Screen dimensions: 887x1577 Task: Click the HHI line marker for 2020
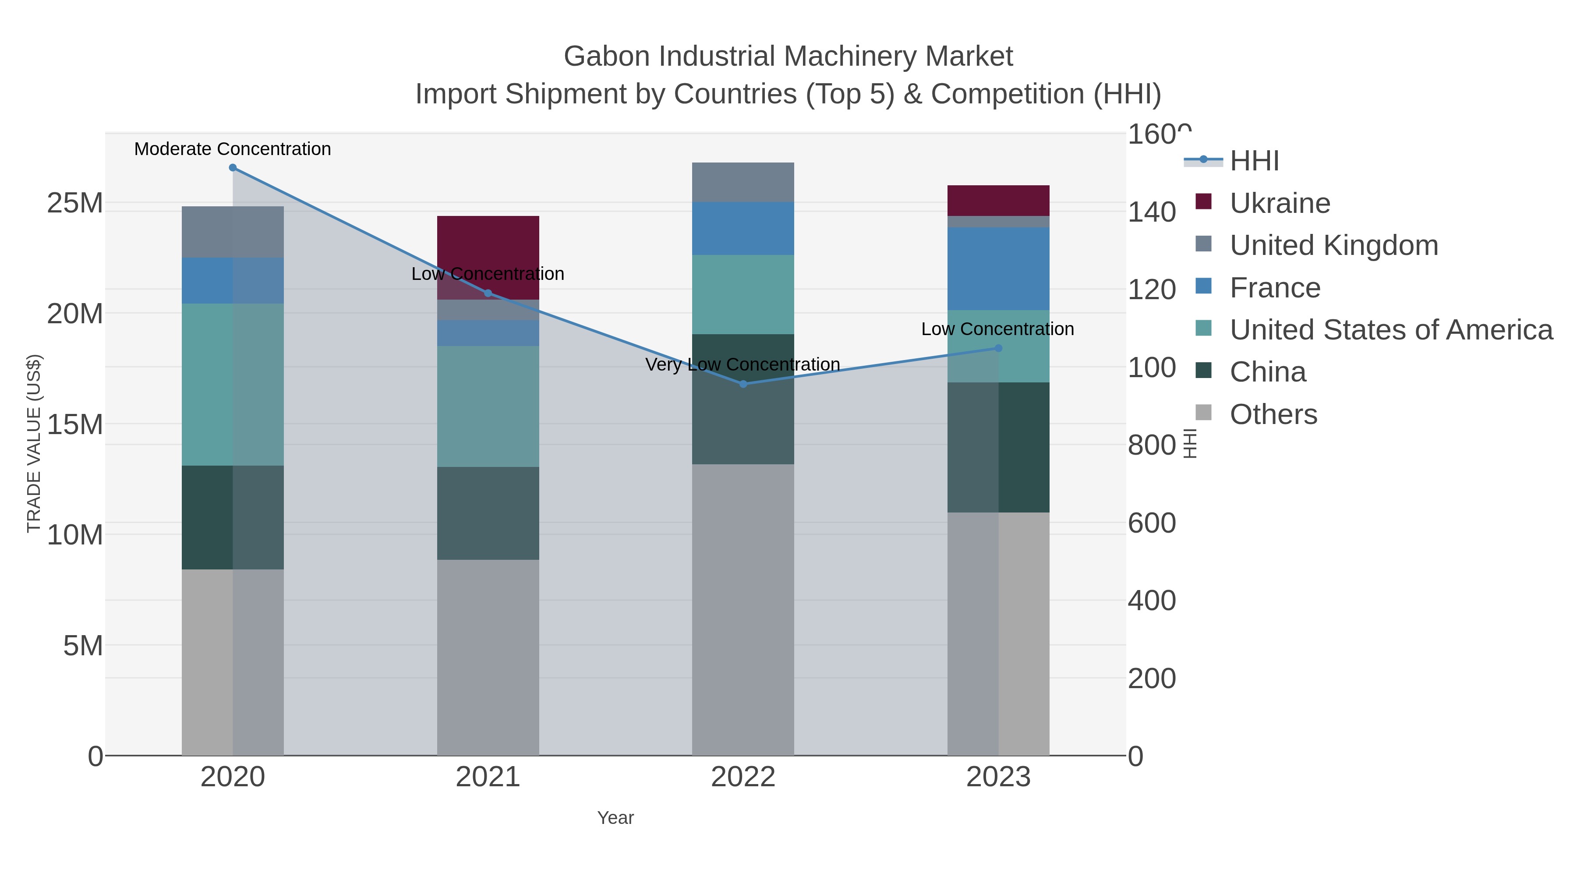233,168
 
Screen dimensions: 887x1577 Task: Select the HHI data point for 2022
743,384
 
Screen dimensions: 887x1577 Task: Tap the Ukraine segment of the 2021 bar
488,245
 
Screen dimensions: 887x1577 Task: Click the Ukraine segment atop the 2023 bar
998,200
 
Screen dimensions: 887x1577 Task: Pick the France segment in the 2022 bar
743,228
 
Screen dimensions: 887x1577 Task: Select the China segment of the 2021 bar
488,513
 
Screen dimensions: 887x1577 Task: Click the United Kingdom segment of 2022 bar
743,182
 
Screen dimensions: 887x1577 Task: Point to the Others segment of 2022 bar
743,609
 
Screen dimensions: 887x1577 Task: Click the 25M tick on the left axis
74,203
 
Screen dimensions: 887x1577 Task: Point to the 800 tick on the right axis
1151,445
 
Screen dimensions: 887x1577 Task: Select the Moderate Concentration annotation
233,149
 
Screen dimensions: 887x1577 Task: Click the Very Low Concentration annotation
742,364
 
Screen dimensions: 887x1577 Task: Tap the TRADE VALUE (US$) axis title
34,443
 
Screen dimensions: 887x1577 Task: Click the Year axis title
615,818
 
